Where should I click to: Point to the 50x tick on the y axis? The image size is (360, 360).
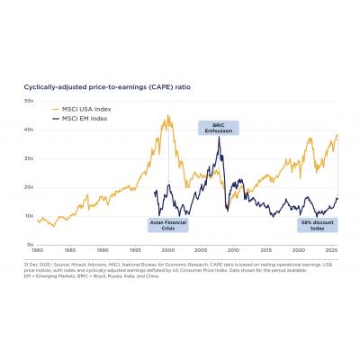[x=29, y=101]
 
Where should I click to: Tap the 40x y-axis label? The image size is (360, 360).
[x=29, y=130]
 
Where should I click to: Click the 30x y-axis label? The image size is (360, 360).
[x=29, y=158]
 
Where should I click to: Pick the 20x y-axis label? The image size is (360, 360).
[x=29, y=187]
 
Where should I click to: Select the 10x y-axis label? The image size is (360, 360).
[x=29, y=216]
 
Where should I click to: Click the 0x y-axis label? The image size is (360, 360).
[x=30, y=245]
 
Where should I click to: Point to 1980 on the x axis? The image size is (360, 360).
[x=38, y=250]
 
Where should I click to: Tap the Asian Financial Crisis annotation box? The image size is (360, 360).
[x=161, y=226]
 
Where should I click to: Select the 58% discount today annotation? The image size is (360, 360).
[x=313, y=226]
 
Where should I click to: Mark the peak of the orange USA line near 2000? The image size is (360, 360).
[x=167, y=116]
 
